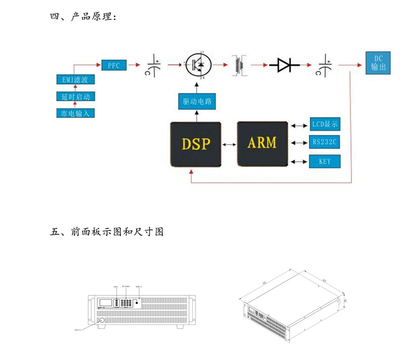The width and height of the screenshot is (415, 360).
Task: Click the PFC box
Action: pos(114,65)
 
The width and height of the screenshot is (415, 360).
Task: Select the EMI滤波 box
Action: pos(75,80)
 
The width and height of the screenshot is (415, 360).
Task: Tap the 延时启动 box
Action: pos(75,97)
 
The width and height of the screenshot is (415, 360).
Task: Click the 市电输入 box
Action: pos(75,113)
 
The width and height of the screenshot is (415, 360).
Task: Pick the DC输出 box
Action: pos(377,63)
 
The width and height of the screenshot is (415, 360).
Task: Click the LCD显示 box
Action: pos(325,125)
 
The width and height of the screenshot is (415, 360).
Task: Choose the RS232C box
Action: pos(325,142)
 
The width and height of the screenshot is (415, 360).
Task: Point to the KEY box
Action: pos(325,161)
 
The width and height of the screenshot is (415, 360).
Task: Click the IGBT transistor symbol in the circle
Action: pos(198,65)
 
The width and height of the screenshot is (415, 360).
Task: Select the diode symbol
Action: pos(284,65)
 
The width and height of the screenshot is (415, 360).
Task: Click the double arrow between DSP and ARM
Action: pos(229,144)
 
